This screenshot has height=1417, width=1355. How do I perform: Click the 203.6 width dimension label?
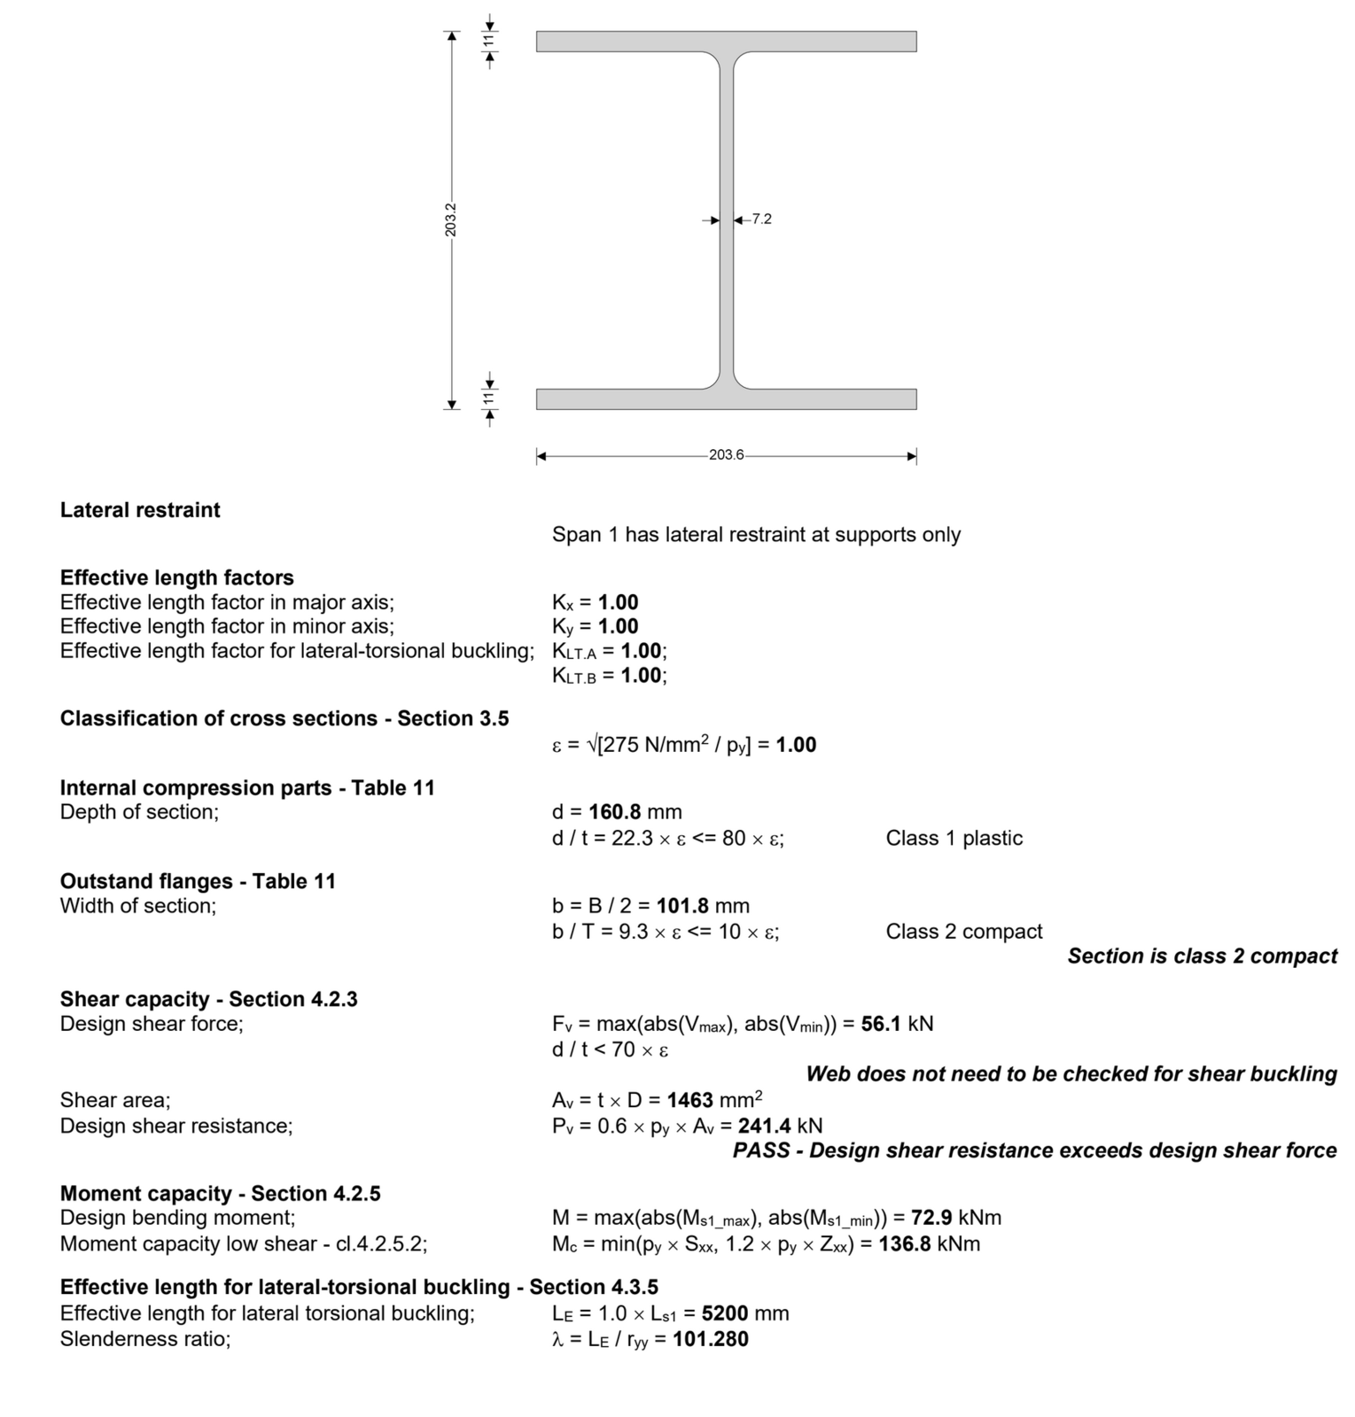coord(726,454)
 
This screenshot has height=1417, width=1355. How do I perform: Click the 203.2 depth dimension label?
coord(451,220)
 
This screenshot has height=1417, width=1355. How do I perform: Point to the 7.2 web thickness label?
coord(762,219)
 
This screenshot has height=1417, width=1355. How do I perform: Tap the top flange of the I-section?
coord(726,42)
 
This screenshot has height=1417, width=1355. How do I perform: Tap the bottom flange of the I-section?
coord(726,399)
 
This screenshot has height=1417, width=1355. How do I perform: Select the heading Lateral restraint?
coord(140,510)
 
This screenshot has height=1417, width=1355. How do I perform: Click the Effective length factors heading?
coord(177,577)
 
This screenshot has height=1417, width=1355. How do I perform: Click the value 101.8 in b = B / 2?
coord(682,906)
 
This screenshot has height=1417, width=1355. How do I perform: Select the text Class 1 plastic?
coord(954,838)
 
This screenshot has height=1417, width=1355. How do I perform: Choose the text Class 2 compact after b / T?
coord(964,932)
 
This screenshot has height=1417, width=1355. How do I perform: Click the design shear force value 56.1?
coord(881,1024)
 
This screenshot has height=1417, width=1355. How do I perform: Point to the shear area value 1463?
coord(690,1100)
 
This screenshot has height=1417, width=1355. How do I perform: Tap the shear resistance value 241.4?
coord(765,1126)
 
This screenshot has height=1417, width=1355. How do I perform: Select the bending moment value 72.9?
coord(931,1218)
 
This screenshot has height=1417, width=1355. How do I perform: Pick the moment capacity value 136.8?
coord(905,1243)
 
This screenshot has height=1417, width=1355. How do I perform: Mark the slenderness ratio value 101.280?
coord(711,1339)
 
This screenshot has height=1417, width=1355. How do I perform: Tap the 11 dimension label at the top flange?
coord(488,41)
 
